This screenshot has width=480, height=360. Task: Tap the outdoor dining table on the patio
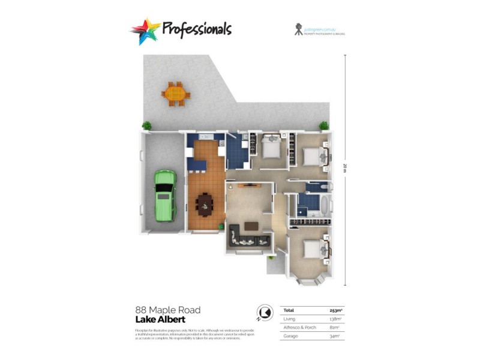[x=175, y=94]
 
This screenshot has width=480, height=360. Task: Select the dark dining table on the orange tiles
[x=205, y=205]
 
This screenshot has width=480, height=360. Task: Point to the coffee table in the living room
[x=251, y=226]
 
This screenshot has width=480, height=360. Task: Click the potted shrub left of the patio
[x=146, y=126]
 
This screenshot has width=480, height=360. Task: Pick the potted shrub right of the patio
[x=324, y=126]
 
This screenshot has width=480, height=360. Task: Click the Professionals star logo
[x=146, y=30]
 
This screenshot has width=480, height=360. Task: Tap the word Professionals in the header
[x=196, y=29]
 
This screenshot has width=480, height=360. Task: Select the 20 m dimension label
[x=345, y=167]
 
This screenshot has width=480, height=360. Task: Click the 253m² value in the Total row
[x=337, y=310]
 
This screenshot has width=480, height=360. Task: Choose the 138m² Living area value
[x=337, y=319]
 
